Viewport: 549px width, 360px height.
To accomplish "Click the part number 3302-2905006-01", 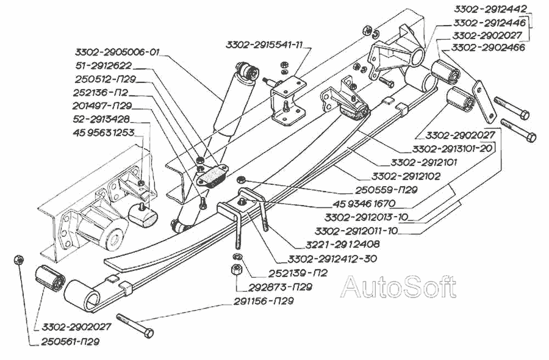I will coord(117,52).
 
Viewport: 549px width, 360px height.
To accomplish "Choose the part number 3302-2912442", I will coord(489,9).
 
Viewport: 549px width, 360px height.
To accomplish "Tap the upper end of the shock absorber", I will coord(247,71).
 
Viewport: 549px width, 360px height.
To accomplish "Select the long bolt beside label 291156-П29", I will coord(134,324).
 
